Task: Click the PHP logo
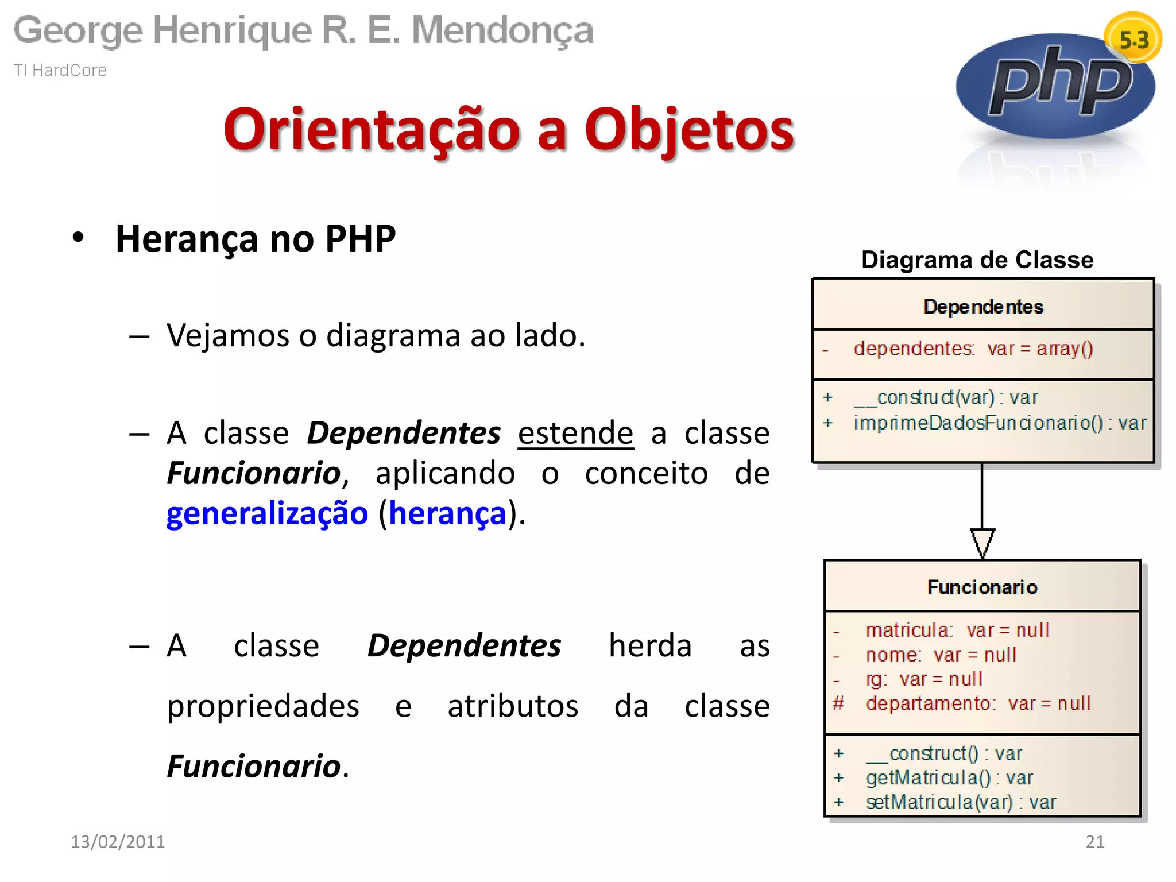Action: pos(1055,86)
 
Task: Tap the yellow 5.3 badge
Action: pos(1133,39)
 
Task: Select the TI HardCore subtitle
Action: pos(60,70)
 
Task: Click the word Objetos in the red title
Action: pos(689,130)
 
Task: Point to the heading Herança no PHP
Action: pos(256,239)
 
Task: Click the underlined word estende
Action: pos(575,433)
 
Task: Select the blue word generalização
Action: pos(267,513)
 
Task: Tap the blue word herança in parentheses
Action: pos(448,513)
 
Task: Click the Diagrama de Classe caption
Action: pos(977,260)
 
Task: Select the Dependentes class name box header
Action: pos(983,307)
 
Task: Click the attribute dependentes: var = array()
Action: pos(973,349)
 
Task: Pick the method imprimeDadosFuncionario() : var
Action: pos(999,423)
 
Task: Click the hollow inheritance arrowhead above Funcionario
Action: pos(982,543)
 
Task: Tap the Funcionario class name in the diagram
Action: pos(982,587)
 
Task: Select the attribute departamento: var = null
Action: pos(977,703)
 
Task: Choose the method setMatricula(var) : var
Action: pos(960,802)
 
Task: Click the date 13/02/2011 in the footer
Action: pos(118,842)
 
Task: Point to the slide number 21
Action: pos(1094,842)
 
